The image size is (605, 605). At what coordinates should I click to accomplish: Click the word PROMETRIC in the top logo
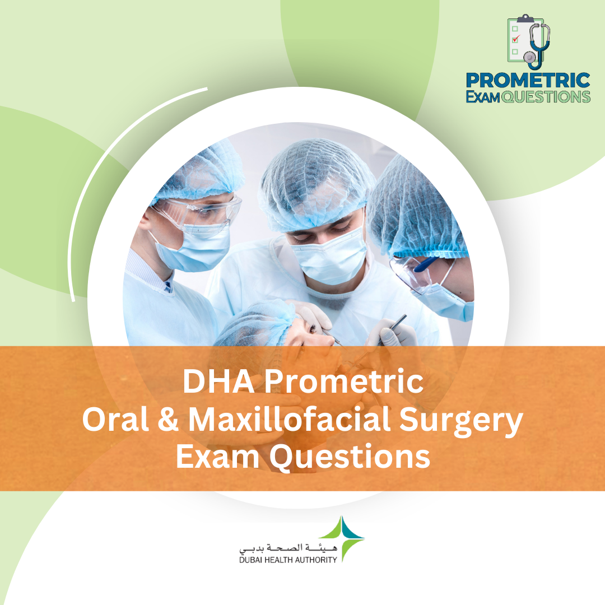pyautogui.click(x=528, y=81)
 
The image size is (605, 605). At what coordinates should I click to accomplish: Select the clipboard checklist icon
pyautogui.click(x=518, y=39)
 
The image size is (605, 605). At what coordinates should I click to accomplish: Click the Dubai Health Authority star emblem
pyautogui.click(x=348, y=538)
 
